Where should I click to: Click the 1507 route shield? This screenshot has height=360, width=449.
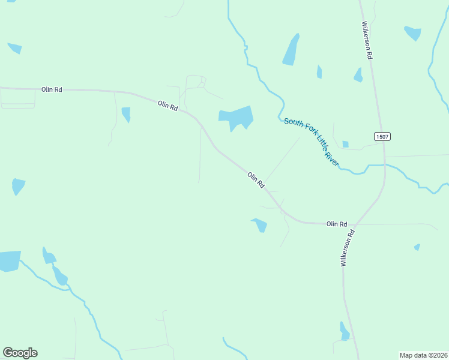pos(382,137)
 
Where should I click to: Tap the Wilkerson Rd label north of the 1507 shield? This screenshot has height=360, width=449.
pos(367,40)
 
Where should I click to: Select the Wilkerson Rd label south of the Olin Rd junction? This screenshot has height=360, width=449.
pos(348,248)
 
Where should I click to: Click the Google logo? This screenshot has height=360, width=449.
pos(20,353)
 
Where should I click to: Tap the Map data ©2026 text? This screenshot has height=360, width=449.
pos(423,355)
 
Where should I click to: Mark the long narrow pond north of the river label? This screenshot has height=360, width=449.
pos(291,50)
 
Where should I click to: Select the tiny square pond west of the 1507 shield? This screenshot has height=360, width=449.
pos(345,144)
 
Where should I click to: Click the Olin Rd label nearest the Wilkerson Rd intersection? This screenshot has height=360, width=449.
pos(337,224)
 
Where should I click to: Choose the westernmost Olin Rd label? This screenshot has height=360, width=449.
pos(52,89)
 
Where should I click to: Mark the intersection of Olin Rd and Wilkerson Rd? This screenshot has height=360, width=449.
pos(356,224)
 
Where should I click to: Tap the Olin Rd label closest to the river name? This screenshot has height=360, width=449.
pos(256,180)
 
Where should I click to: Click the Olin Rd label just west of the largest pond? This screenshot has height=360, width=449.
pos(168,106)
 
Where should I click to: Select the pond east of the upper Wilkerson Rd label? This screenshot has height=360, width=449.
pos(412,32)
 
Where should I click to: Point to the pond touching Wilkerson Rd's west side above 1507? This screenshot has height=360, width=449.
pos(358,76)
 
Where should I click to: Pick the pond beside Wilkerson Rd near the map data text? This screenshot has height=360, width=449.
pos(344,332)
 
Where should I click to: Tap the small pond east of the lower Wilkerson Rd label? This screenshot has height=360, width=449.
pos(417,247)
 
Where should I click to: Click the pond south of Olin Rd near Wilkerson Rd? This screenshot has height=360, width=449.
pos(260,225)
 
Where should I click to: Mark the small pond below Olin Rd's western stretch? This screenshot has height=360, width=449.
pos(126,113)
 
